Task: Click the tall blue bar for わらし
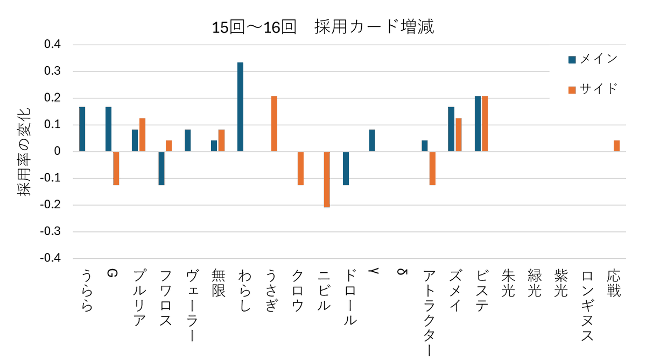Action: tap(240, 107)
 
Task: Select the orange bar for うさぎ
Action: tap(274, 124)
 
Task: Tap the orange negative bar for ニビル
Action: tap(327, 179)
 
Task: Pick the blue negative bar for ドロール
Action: tap(346, 168)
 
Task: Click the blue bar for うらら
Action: tap(82, 129)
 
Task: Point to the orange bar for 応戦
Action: tap(616, 146)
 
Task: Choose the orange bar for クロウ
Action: tap(300, 168)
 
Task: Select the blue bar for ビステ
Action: tap(478, 124)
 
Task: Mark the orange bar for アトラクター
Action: tap(432, 168)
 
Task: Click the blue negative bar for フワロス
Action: tap(161, 168)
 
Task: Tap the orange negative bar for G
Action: tap(116, 168)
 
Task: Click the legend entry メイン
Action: tap(593, 59)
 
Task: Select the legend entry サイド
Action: tap(593, 89)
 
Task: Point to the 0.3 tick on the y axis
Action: tap(53, 71)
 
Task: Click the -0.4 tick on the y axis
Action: tap(51, 258)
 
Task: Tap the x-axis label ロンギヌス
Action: tap(587, 306)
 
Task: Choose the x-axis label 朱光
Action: tap(508, 283)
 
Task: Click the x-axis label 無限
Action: tap(219, 283)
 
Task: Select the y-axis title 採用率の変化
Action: tap(24, 152)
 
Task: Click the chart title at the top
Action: tap(323, 27)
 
